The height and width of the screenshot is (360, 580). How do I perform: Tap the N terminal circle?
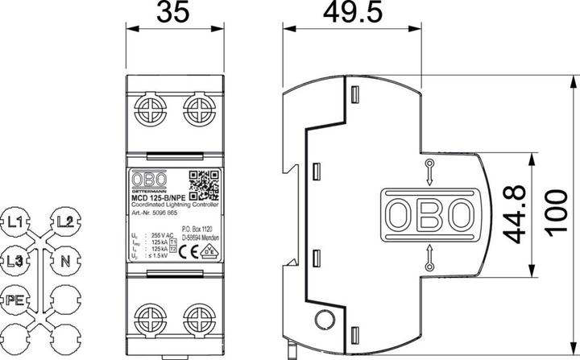tap(66, 260)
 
